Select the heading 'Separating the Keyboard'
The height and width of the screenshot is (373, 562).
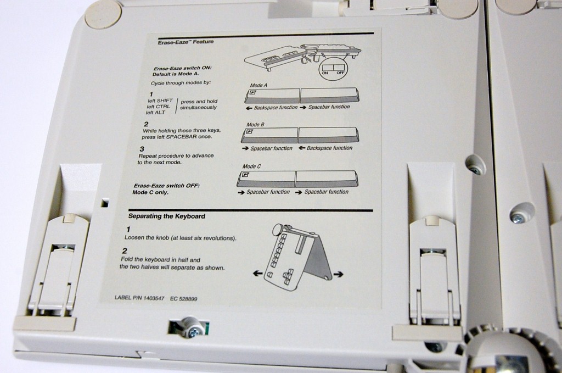point(167,216)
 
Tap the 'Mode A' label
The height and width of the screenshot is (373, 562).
point(258,86)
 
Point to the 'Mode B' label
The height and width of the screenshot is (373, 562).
point(256,125)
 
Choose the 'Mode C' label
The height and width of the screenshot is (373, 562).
point(251,166)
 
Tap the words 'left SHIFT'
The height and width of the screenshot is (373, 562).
point(160,101)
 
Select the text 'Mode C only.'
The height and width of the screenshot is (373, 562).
point(150,193)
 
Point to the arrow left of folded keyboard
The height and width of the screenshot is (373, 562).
point(257,273)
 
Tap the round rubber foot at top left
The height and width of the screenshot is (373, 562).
point(103,14)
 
